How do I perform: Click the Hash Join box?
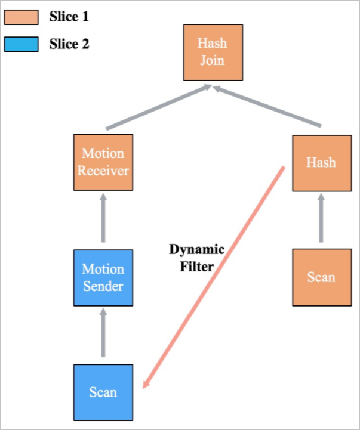point(213,52)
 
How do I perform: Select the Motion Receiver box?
point(103,162)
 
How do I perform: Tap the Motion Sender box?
point(103,278)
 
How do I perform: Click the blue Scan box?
point(103,392)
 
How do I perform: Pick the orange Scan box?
point(321,277)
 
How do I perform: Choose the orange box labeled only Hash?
point(321,162)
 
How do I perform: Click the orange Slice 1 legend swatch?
point(21,17)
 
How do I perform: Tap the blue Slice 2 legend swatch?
point(21,44)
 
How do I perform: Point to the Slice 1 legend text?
point(68,17)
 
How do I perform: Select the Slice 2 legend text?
point(68,44)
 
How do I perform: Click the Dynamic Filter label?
point(196,258)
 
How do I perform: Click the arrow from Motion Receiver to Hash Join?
point(158,108)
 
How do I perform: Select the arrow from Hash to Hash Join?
point(268,107)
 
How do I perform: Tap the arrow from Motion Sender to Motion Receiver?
point(103,219)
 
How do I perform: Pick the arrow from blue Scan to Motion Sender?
point(103,334)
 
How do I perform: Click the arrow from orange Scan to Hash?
point(321,219)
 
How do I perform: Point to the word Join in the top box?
point(213,60)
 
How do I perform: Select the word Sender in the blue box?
point(103,286)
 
